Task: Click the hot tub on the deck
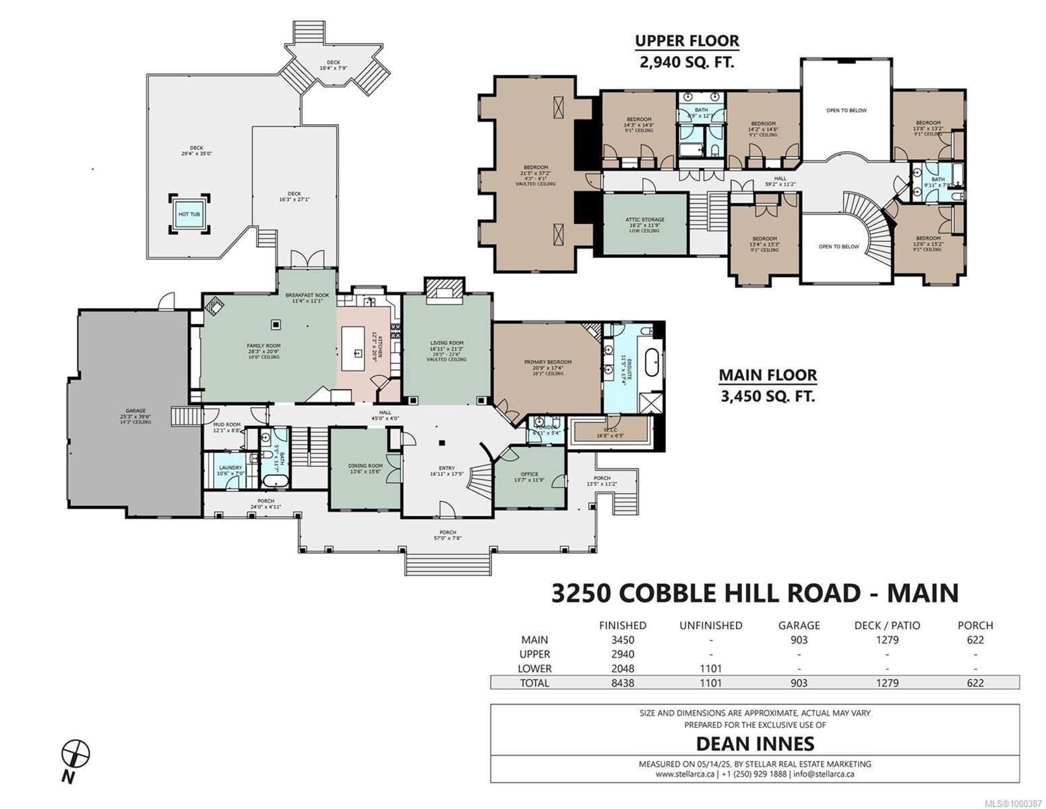tap(189, 214)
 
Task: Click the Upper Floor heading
tap(687, 40)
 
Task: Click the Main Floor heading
tap(767, 375)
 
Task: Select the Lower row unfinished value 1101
tap(710, 669)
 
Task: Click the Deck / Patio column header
tap(887, 625)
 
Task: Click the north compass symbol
tap(75, 753)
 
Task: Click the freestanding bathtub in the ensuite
tap(652, 362)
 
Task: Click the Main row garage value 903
tap(799, 640)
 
